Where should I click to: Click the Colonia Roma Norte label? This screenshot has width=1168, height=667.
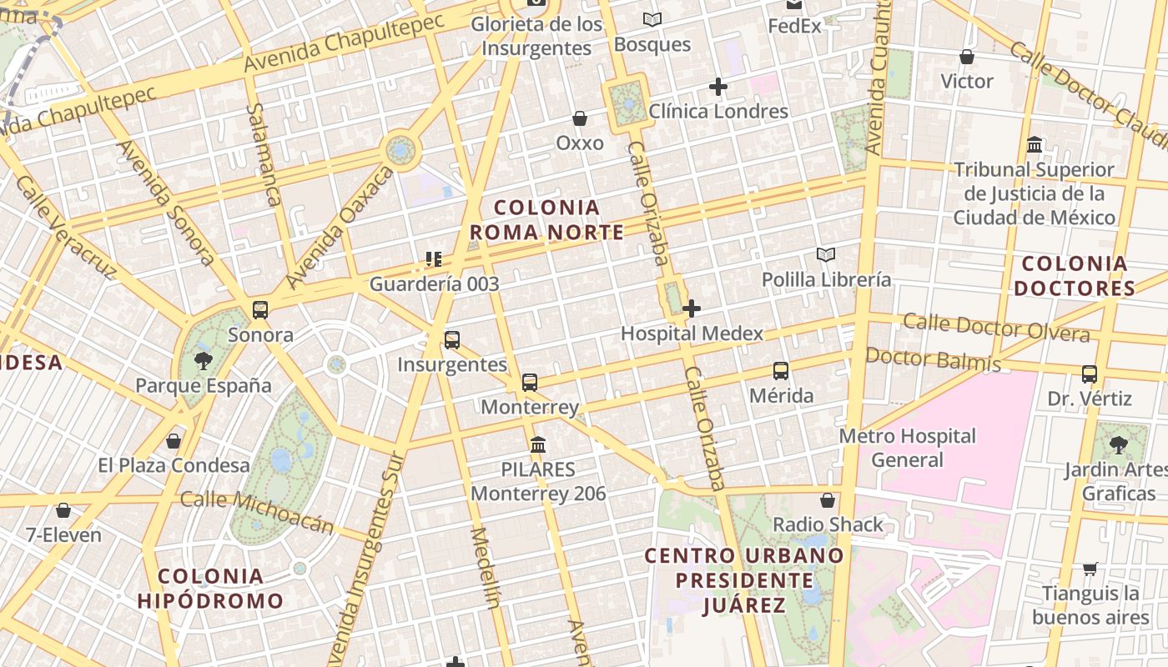tap(546, 220)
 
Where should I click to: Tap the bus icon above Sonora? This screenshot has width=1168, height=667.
tap(260, 310)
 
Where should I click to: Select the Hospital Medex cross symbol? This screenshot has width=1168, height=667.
tap(692, 308)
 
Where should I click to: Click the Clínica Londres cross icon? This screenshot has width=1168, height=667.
tap(718, 86)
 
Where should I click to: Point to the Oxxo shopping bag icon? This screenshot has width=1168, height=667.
tap(580, 118)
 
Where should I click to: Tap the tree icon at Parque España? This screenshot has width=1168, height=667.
tap(203, 361)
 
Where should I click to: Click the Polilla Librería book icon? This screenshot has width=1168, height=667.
tap(826, 254)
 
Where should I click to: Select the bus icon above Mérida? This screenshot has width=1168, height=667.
tap(781, 371)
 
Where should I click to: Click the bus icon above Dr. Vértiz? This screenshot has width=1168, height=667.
tap(1090, 374)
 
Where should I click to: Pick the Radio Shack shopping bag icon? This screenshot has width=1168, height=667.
tap(828, 500)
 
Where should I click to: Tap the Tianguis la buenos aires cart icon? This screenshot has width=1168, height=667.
tap(1090, 569)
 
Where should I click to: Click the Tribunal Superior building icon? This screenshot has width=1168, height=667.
tap(1035, 145)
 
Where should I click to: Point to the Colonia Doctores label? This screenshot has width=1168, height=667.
tap(1075, 277)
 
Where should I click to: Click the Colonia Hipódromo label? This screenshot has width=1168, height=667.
tap(210, 589)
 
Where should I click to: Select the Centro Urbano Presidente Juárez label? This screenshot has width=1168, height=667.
tap(744, 580)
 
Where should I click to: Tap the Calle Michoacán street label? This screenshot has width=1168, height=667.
tap(257, 511)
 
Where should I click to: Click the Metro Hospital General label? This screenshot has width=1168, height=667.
tap(907, 448)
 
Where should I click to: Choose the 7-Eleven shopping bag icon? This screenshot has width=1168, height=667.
tap(63, 510)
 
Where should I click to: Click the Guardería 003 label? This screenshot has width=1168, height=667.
tap(434, 283)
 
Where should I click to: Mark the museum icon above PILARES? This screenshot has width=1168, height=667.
tap(538, 444)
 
